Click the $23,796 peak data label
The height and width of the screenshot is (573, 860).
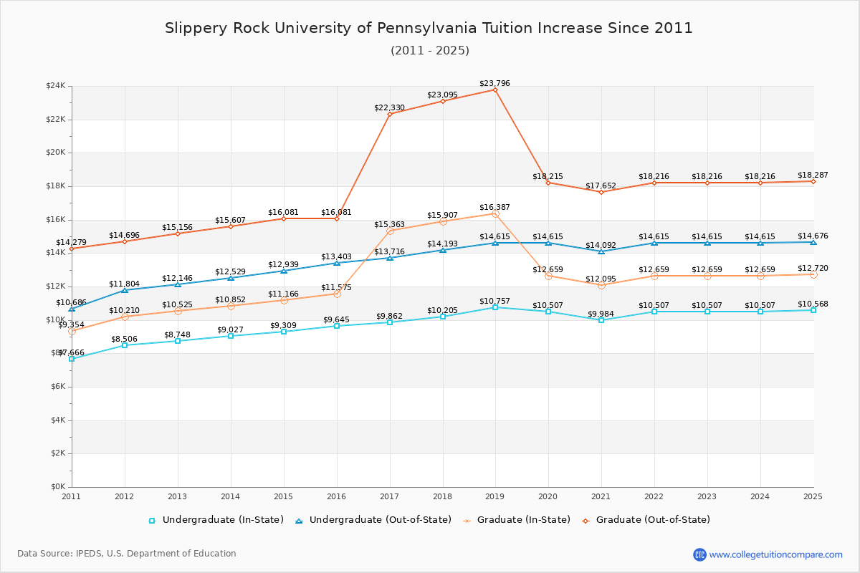click(494, 84)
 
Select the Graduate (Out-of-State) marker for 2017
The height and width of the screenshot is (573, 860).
click(390, 114)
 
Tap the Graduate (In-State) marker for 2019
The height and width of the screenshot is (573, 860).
click(495, 213)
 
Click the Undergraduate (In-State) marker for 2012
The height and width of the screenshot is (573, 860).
click(125, 345)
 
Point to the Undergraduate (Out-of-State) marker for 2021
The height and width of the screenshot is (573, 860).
click(601, 251)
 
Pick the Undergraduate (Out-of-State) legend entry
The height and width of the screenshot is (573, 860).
click(373, 520)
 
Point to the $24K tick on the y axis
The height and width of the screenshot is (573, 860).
click(56, 86)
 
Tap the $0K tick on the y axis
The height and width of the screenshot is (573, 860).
click(57, 487)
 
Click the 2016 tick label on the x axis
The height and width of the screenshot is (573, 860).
click(336, 496)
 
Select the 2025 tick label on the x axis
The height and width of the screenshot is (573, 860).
click(813, 496)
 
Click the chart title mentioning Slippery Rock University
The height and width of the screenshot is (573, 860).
click(429, 28)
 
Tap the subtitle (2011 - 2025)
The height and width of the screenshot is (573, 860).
click(429, 50)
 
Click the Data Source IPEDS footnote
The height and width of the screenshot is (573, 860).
click(127, 554)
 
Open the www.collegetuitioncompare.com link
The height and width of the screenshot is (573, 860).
click(775, 554)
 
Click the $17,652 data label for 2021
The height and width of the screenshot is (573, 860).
click(601, 186)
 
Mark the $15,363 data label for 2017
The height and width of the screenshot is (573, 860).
click(389, 225)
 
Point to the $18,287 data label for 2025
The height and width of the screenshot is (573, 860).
click(813, 175)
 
